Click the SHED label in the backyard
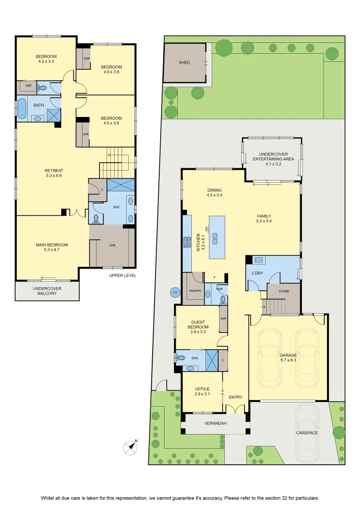tap(184, 62)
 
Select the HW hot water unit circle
tap(175, 293)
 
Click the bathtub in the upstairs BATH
tap(22, 108)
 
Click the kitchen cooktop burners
tap(188, 243)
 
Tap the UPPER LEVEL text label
tap(123, 276)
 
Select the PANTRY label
tap(195, 291)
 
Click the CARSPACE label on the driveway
tap(307, 433)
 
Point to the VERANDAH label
tap(215, 423)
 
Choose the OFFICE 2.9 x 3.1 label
tap(202, 392)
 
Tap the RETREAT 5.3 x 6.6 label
tap(54, 173)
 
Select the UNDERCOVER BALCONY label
tap(47, 291)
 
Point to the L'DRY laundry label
tap(257, 273)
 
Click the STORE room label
tap(284, 292)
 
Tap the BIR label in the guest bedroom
tap(223, 319)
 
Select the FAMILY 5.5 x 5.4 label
tap(263, 219)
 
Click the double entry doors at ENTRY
tap(235, 410)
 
